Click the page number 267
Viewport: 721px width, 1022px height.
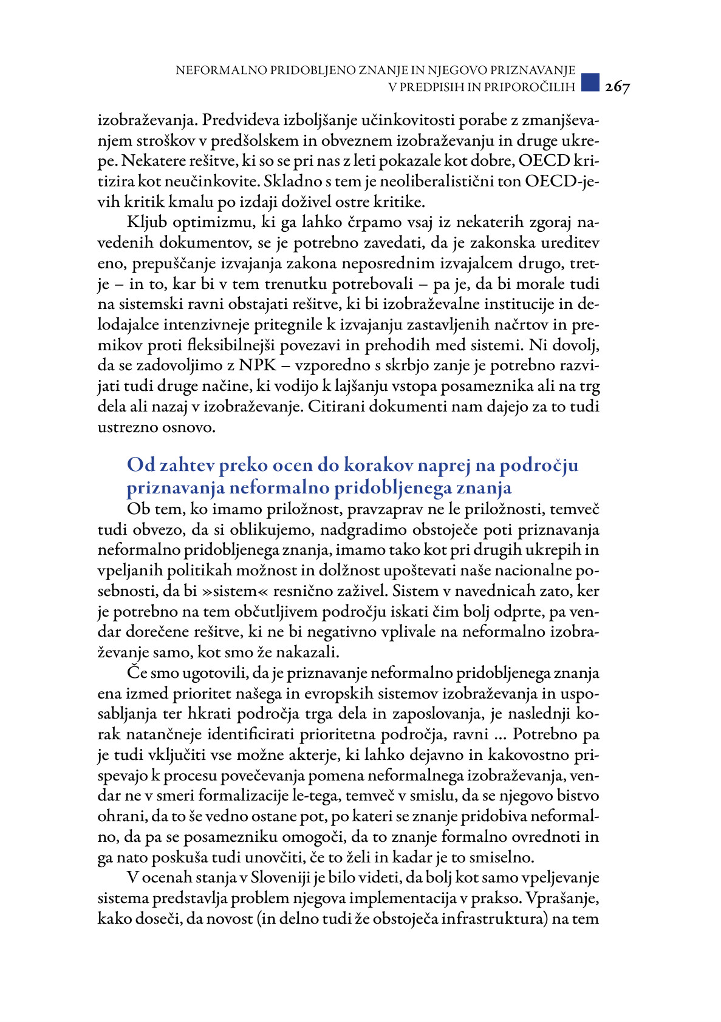pos(617,87)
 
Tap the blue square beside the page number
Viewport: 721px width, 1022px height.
pos(590,82)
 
